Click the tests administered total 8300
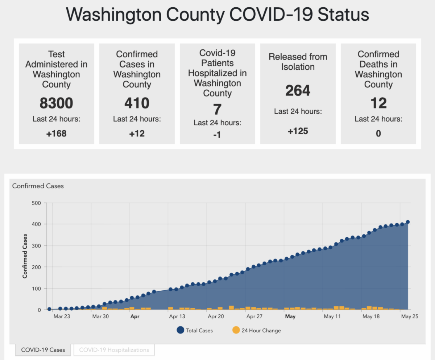[x=56, y=103]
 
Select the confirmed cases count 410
[x=137, y=103]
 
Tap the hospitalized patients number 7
[x=217, y=109]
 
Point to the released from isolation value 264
[x=298, y=90]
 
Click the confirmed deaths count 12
[x=378, y=103]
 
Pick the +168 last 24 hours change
[x=56, y=134]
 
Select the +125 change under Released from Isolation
[x=298, y=131]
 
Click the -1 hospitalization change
[x=217, y=135]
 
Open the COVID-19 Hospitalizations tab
[x=114, y=350]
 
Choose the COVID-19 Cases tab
[x=43, y=350]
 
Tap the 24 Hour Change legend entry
[x=256, y=330]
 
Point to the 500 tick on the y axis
[x=36, y=203]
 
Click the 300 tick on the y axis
[x=36, y=246]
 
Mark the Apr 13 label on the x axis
[x=177, y=316]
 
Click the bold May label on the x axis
[x=290, y=316]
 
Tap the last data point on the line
[x=408, y=222]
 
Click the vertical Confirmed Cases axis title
[x=25, y=259]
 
